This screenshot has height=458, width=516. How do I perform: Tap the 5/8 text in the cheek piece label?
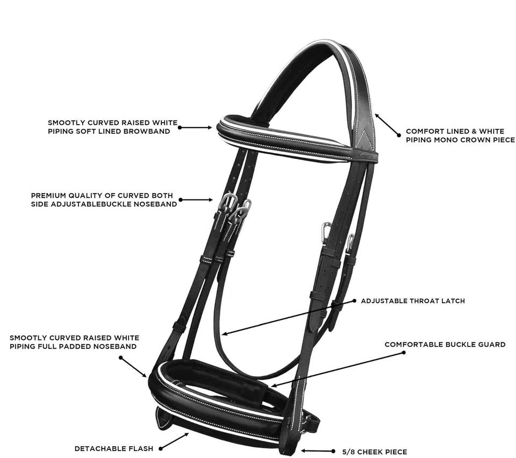[349, 452]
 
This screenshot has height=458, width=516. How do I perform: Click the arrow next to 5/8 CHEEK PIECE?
[318, 451]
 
